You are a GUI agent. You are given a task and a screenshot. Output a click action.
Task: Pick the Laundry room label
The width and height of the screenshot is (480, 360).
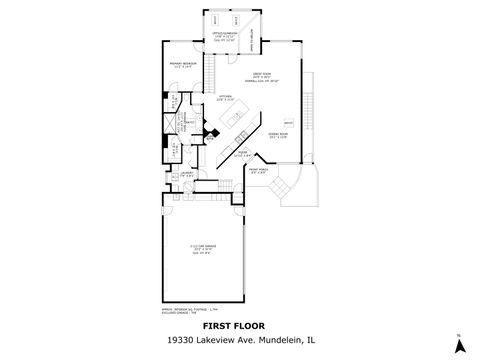point(187,173)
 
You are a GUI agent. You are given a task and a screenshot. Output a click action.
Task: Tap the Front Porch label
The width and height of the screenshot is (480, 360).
point(257,171)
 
